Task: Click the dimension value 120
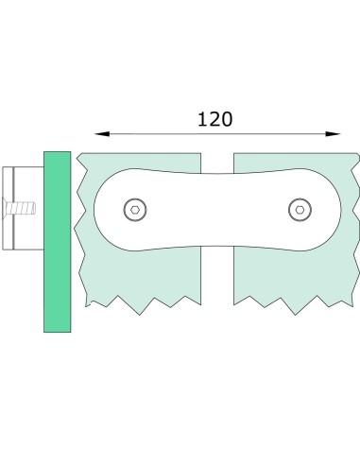(214, 119)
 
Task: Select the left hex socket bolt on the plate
(137, 209)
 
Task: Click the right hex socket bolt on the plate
(299, 209)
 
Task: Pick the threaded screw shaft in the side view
(18, 205)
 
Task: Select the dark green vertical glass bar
(57, 241)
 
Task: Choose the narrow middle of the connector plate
(217, 209)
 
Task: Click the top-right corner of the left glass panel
(200, 155)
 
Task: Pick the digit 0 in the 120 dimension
(227, 119)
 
